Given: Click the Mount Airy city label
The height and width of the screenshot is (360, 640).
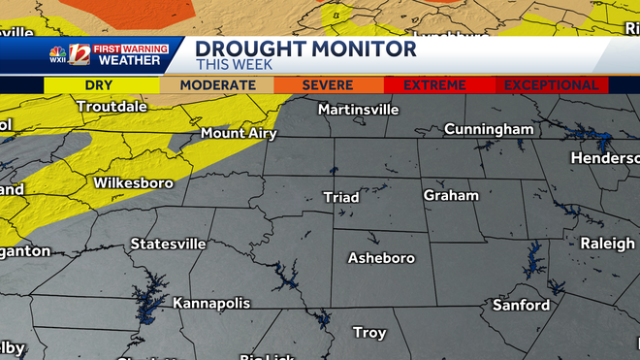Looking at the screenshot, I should [x=238, y=133].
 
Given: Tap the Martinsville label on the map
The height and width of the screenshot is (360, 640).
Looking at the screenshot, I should [x=358, y=109].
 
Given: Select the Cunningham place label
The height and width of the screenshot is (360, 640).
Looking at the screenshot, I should [x=489, y=129].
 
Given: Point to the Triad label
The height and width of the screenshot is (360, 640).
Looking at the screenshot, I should [x=340, y=197].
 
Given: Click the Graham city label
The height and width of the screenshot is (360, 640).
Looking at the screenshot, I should [x=451, y=195].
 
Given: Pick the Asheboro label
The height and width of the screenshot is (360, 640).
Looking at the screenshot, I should [x=381, y=258].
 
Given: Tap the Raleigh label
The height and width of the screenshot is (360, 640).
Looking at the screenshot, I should [x=607, y=244].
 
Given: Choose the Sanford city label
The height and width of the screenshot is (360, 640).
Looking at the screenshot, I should [x=521, y=305].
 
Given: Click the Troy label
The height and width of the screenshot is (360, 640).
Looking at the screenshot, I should [x=368, y=333].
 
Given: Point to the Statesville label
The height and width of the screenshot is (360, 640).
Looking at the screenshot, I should [x=168, y=244].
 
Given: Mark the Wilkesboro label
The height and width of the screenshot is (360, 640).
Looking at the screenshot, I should [x=133, y=182].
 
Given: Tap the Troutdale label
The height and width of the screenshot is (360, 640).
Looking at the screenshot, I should [x=112, y=106].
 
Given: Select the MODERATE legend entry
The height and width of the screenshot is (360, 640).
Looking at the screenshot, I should [x=217, y=85].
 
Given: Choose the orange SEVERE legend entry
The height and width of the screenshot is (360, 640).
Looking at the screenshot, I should [x=328, y=85].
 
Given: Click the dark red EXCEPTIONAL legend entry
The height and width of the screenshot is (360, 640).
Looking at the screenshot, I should [x=551, y=85].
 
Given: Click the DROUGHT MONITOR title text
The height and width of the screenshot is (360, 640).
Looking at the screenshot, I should [x=305, y=49].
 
